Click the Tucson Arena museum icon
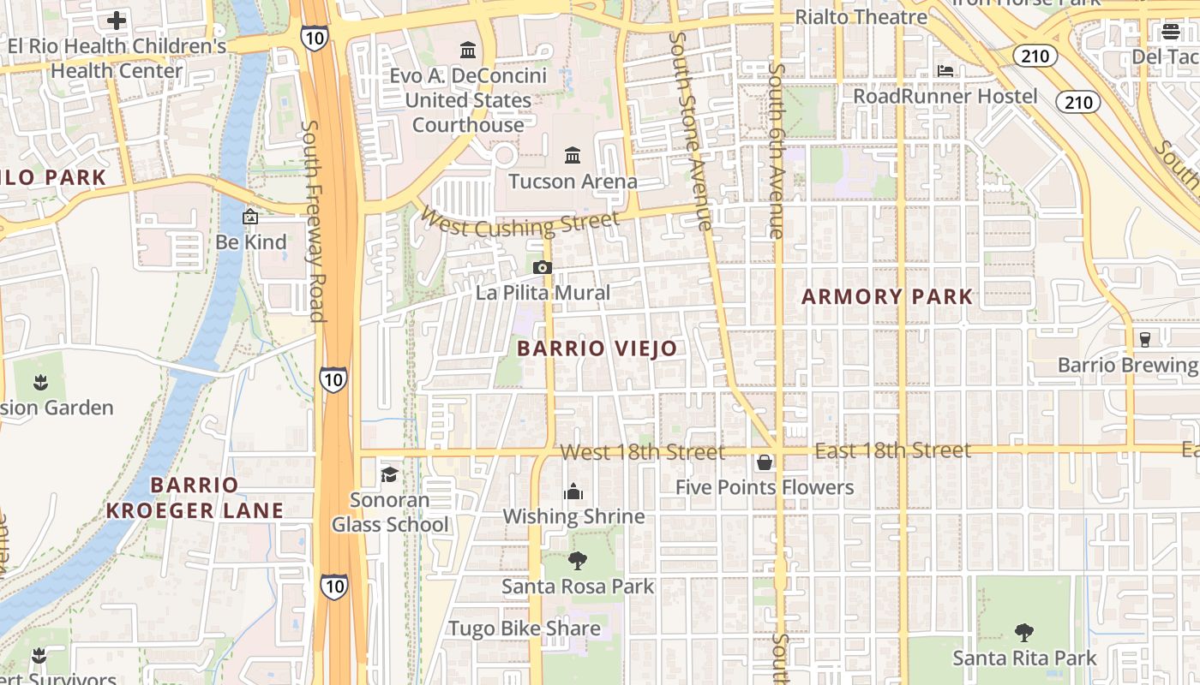(x=573, y=155)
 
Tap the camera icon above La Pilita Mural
(x=542, y=267)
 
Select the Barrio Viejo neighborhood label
(x=597, y=348)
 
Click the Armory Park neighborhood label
(x=887, y=297)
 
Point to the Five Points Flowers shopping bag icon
(x=764, y=462)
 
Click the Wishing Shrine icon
(x=573, y=491)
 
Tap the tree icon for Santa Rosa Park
(x=578, y=561)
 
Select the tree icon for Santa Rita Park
(x=1023, y=633)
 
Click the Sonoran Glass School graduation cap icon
(x=389, y=474)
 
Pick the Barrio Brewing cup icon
(x=1144, y=338)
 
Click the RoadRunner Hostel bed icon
(x=945, y=70)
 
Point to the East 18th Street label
(x=892, y=450)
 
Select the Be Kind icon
(x=250, y=217)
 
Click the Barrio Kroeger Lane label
(x=195, y=497)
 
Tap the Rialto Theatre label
(x=861, y=17)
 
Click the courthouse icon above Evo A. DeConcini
(x=468, y=50)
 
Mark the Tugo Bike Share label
(x=525, y=628)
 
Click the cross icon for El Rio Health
(x=117, y=20)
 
